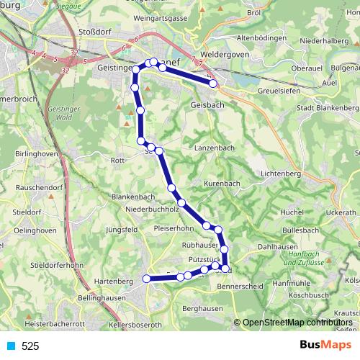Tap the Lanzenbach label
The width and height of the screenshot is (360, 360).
[212, 147]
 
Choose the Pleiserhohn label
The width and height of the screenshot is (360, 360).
[174, 230]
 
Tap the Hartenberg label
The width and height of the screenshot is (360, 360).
[115, 280]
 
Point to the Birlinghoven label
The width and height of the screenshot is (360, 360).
[36, 154]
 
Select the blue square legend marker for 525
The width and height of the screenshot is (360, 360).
[11, 346]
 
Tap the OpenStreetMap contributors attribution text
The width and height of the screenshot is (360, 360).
[297, 323]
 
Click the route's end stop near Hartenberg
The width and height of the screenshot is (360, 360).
[146, 279]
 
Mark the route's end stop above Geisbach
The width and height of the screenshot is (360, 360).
[213, 84]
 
